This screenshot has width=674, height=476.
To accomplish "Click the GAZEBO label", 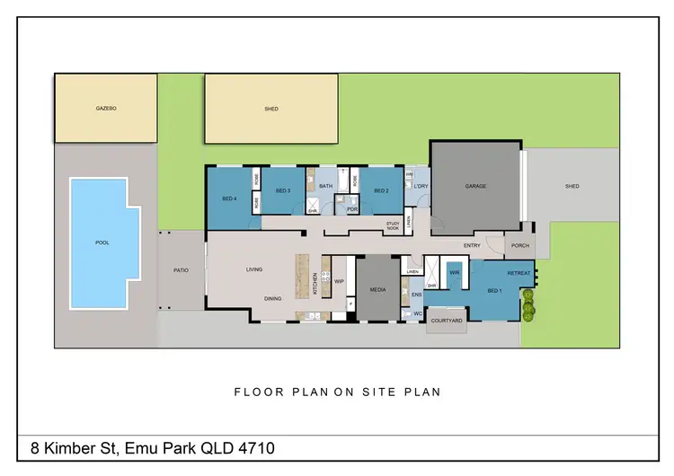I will coord(106,109).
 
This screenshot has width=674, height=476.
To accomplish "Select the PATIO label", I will coord(180,269).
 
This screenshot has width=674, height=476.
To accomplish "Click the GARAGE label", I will coord(475,187).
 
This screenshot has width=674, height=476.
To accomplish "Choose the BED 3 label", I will coord(282,190).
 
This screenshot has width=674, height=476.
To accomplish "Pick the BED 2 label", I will coord(381,190).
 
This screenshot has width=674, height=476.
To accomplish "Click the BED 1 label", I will coord(494,291).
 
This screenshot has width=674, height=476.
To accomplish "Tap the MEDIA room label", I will coord(378,290).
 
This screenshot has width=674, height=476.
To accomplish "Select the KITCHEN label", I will coord(315,284).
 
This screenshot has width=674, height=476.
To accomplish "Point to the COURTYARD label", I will coord(447,321).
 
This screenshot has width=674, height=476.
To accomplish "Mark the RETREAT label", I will coord(519,273).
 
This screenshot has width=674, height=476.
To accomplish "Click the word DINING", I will coord(273,298).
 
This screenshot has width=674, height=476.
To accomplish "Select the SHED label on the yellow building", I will coord(271,109).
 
